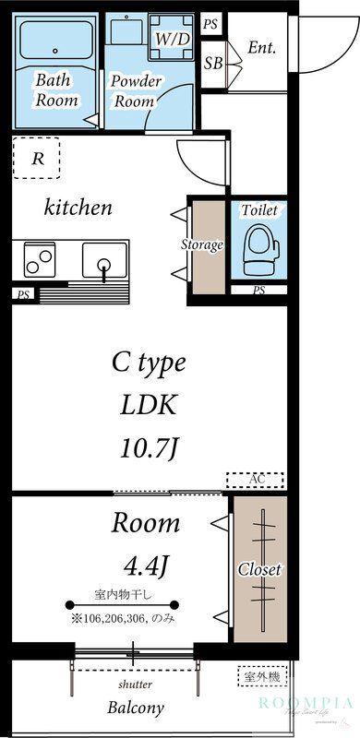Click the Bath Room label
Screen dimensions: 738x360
pyautogui.click(x=56, y=89)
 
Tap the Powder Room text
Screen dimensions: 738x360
pyautogui.click(x=136, y=89)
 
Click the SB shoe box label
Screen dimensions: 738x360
pyautogui.click(x=213, y=63)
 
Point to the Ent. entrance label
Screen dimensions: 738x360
pyautogui.click(x=261, y=48)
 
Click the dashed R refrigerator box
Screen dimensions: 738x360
pyautogui.click(x=37, y=158)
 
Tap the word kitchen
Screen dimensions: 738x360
pyautogui.click(x=78, y=208)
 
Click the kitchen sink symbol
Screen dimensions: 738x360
pyautogui.click(x=104, y=260)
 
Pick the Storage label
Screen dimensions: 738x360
pyautogui.click(x=201, y=244)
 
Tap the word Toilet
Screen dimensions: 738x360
pyautogui.click(x=258, y=210)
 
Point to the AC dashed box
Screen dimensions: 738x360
pyautogui.click(x=256, y=480)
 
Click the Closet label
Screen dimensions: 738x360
pyautogui.click(x=259, y=569)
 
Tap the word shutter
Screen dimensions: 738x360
pyautogui.click(x=135, y=684)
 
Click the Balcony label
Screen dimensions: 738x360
pyautogui.click(x=135, y=708)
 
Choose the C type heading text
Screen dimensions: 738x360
pyautogui.click(x=149, y=363)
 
